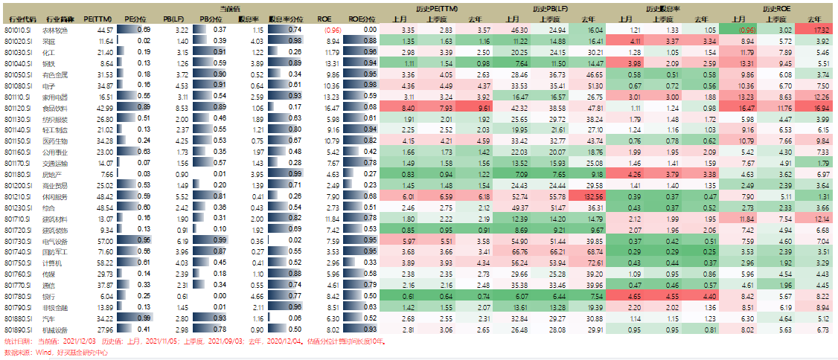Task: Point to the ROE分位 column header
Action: pos(360,16)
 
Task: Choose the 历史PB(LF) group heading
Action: pos(550,7)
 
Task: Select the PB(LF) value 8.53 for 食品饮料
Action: pos(181,108)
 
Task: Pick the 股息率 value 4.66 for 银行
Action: pos(257,295)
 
